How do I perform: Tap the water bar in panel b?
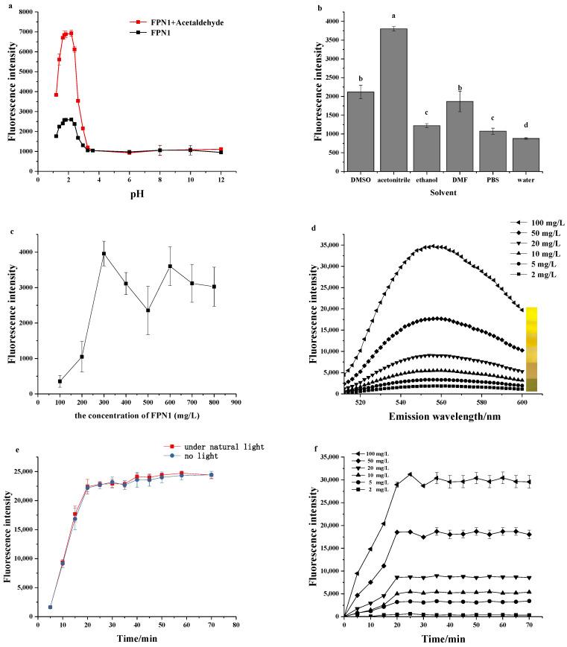pos(535,155)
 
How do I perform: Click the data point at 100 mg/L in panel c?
pos(60,381)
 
